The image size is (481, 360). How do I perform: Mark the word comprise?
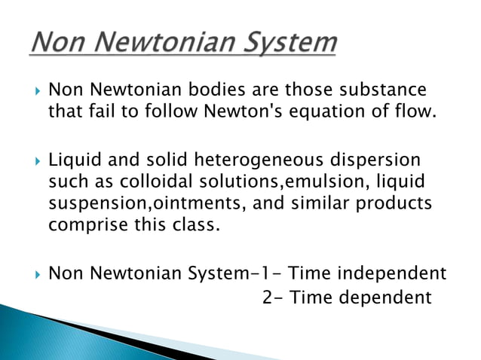pyautogui.click(x=81, y=224)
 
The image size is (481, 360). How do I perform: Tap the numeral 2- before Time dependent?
pyautogui.click(x=273, y=297)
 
